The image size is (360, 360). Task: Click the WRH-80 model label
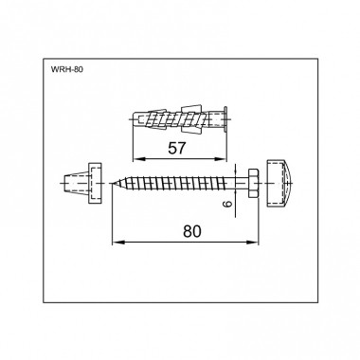(67, 69)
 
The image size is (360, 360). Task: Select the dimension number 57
(177, 148)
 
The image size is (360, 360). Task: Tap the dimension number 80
(191, 231)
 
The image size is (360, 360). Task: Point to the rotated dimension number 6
(229, 203)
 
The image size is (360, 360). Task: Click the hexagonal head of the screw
(254, 183)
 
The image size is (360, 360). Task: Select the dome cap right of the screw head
(281, 183)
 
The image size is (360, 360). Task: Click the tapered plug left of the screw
(82, 183)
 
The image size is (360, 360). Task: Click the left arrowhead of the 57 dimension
(137, 159)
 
